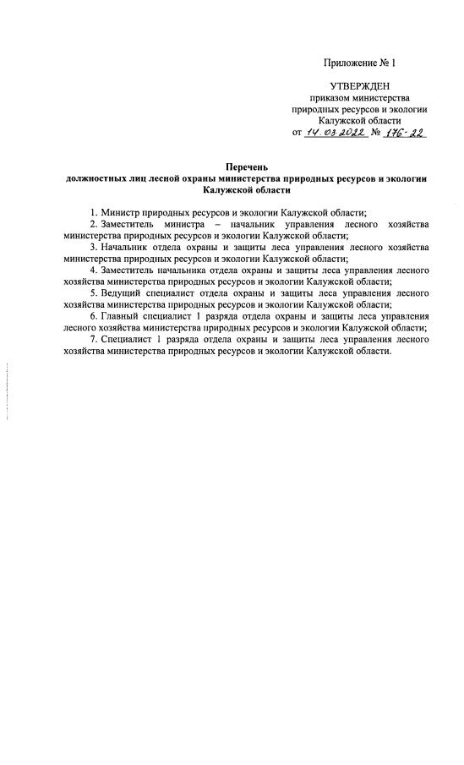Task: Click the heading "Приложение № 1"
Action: pos(359,63)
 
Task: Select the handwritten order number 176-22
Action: pos(405,132)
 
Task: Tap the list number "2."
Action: pos(94,224)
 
